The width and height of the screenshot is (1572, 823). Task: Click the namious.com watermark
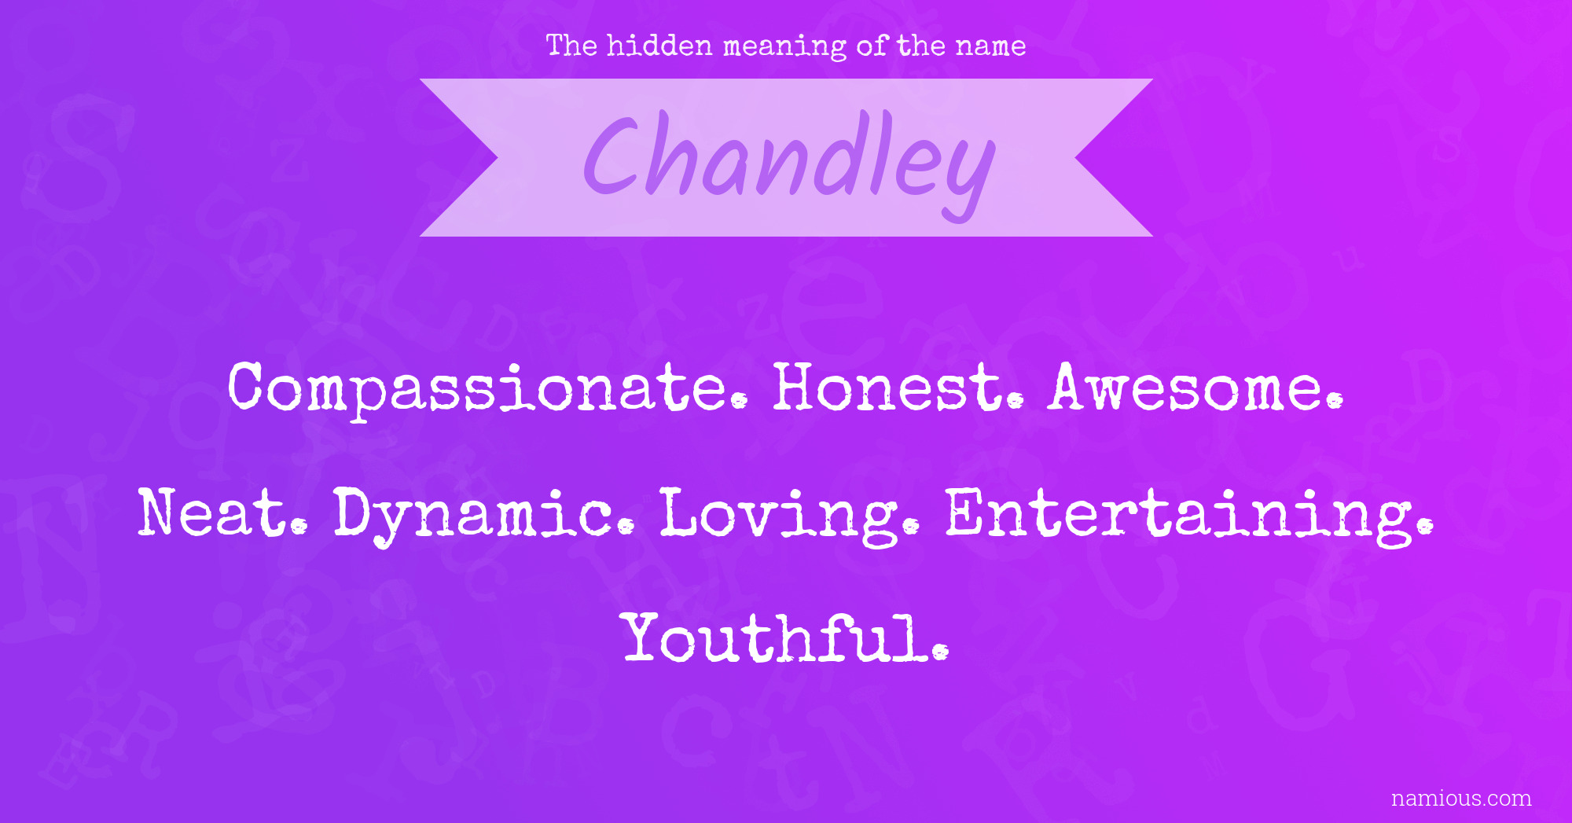pyautogui.click(x=1461, y=799)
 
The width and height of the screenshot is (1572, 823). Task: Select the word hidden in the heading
pyautogui.click(x=659, y=46)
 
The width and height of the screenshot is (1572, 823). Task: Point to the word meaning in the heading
pyautogui.click(x=784, y=47)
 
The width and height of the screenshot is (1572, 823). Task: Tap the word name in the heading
pyautogui.click(x=990, y=47)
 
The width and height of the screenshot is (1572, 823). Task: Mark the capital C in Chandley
pyautogui.click(x=612, y=155)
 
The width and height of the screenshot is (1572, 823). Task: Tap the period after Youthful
pyautogui.click(x=940, y=651)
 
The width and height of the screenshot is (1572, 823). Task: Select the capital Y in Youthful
pyautogui.click(x=648, y=637)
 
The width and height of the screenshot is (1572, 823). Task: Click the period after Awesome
pyautogui.click(x=1334, y=400)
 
